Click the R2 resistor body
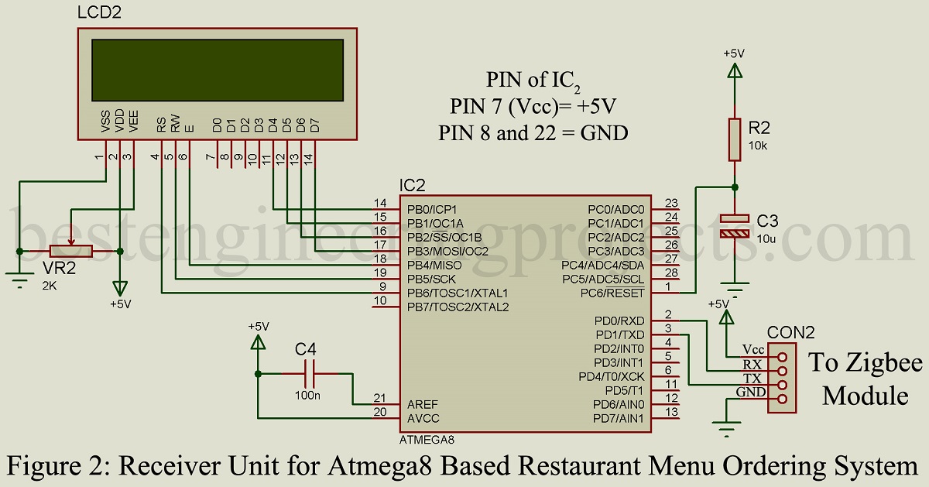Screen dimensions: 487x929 [735, 139]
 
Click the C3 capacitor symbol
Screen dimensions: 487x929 [735, 225]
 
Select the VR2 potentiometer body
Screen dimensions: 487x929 [70, 251]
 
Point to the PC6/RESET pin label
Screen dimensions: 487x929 [617, 293]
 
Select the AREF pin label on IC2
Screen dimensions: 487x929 [423, 404]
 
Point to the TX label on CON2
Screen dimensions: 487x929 [751, 378]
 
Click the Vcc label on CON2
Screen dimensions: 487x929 [752, 349]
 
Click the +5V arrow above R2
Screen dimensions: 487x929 [734, 70]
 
